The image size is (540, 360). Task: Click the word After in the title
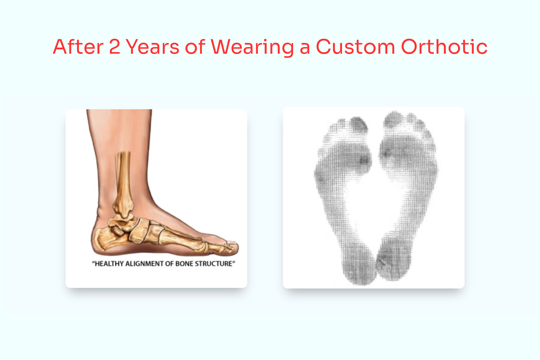click(78, 47)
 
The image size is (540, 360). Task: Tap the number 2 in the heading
click(115, 47)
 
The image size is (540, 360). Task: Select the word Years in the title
click(152, 47)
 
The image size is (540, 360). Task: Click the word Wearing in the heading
click(252, 47)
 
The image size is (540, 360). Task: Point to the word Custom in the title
click(355, 47)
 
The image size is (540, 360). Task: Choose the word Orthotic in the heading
click(444, 47)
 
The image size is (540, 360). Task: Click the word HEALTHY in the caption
click(109, 264)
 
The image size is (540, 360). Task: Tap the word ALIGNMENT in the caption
click(144, 264)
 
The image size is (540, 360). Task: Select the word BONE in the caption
click(184, 264)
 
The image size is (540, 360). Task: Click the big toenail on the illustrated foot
click(232, 242)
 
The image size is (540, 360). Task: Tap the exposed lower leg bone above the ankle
click(123, 174)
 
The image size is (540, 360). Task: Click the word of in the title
click(195, 47)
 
